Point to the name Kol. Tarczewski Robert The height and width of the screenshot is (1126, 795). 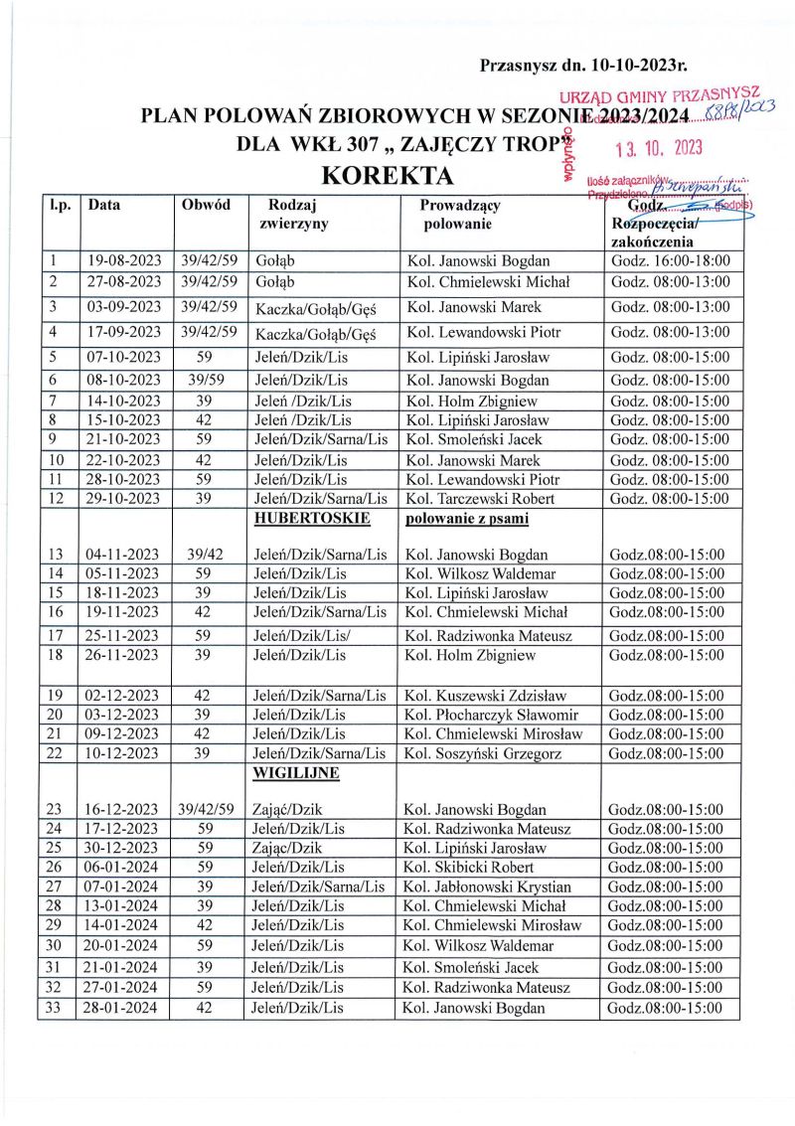[x=481, y=498]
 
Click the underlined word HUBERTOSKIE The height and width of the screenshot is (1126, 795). [x=312, y=518]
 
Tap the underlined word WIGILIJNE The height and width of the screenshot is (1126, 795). [x=297, y=772]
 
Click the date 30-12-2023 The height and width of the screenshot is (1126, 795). [x=121, y=848]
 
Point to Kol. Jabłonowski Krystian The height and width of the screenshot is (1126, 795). [x=487, y=886]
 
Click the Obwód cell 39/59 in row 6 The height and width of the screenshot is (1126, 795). [x=208, y=381]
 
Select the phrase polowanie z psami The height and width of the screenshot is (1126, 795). [x=467, y=518]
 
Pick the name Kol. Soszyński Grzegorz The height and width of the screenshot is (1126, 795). [x=482, y=753]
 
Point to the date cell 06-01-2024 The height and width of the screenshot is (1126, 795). [x=121, y=867]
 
